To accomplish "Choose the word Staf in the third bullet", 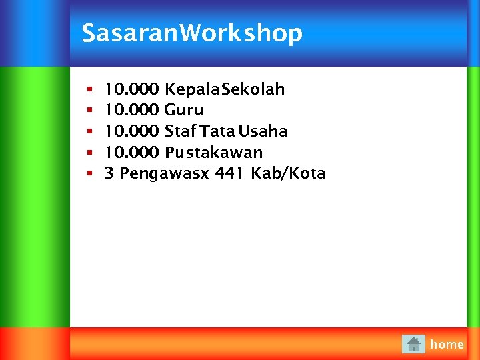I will click(x=180, y=131).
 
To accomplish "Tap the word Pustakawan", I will click(x=214, y=153).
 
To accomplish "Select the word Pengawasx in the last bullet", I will click(x=165, y=174).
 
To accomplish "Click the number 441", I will click(x=230, y=174).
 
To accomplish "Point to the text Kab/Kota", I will click(x=288, y=174).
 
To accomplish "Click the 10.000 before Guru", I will click(x=132, y=110).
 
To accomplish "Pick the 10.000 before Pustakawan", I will click(x=132, y=153).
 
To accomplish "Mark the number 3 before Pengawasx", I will click(x=109, y=174).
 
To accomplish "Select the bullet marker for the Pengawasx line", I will click(x=88, y=174).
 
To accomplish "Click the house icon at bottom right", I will click(x=414, y=344).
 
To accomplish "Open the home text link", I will click(x=447, y=345).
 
